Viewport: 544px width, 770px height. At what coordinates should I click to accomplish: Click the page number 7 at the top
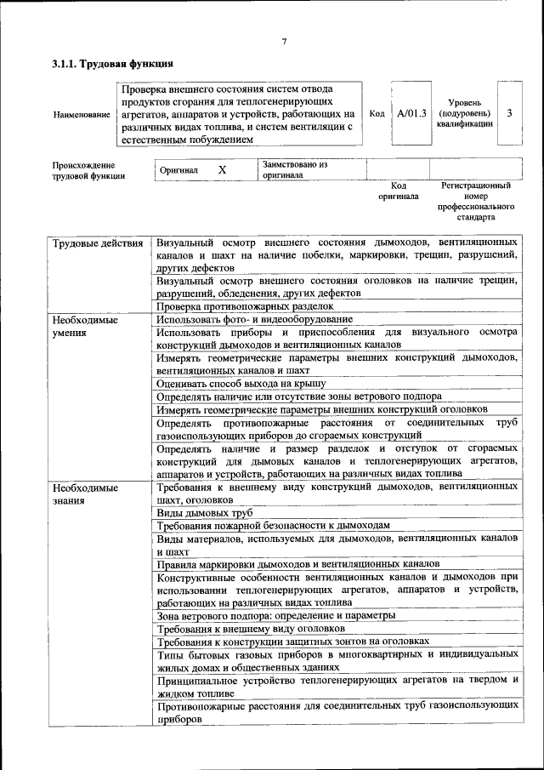click(x=284, y=42)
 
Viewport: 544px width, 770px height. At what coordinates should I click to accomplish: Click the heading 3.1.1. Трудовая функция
click(x=113, y=64)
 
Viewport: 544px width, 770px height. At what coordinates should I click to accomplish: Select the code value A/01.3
click(x=411, y=113)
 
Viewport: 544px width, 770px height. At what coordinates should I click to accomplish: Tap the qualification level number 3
click(x=508, y=113)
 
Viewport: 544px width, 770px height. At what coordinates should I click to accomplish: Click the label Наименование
click(x=81, y=114)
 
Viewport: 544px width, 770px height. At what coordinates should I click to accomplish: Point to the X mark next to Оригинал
click(x=222, y=170)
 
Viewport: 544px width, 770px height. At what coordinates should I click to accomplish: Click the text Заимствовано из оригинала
click(x=295, y=169)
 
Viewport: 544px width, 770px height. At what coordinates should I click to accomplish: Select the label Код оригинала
click(x=399, y=191)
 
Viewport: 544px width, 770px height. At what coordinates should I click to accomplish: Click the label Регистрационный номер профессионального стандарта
click(x=476, y=201)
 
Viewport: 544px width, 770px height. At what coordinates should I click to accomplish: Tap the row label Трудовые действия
click(x=98, y=244)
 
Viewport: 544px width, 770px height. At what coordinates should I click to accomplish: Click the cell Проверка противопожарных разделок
click(x=244, y=305)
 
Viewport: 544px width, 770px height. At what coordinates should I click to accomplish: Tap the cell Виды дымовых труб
click(x=205, y=513)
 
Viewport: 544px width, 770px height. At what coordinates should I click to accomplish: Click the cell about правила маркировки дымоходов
click(x=297, y=563)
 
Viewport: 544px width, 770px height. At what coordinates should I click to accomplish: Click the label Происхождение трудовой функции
click(x=83, y=170)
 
